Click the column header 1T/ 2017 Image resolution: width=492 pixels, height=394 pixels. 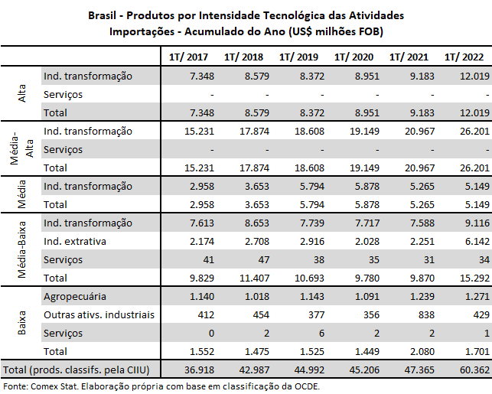(187, 57)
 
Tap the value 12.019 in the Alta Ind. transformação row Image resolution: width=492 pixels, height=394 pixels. (468, 76)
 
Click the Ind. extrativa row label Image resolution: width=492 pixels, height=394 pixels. (75, 241)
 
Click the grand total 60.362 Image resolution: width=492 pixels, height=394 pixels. (468, 370)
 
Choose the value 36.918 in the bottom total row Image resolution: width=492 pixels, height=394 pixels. (192, 370)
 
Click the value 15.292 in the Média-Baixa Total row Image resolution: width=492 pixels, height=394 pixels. (468, 278)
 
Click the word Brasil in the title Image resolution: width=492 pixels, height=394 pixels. (105, 15)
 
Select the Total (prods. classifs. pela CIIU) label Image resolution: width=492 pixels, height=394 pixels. (78, 370)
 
